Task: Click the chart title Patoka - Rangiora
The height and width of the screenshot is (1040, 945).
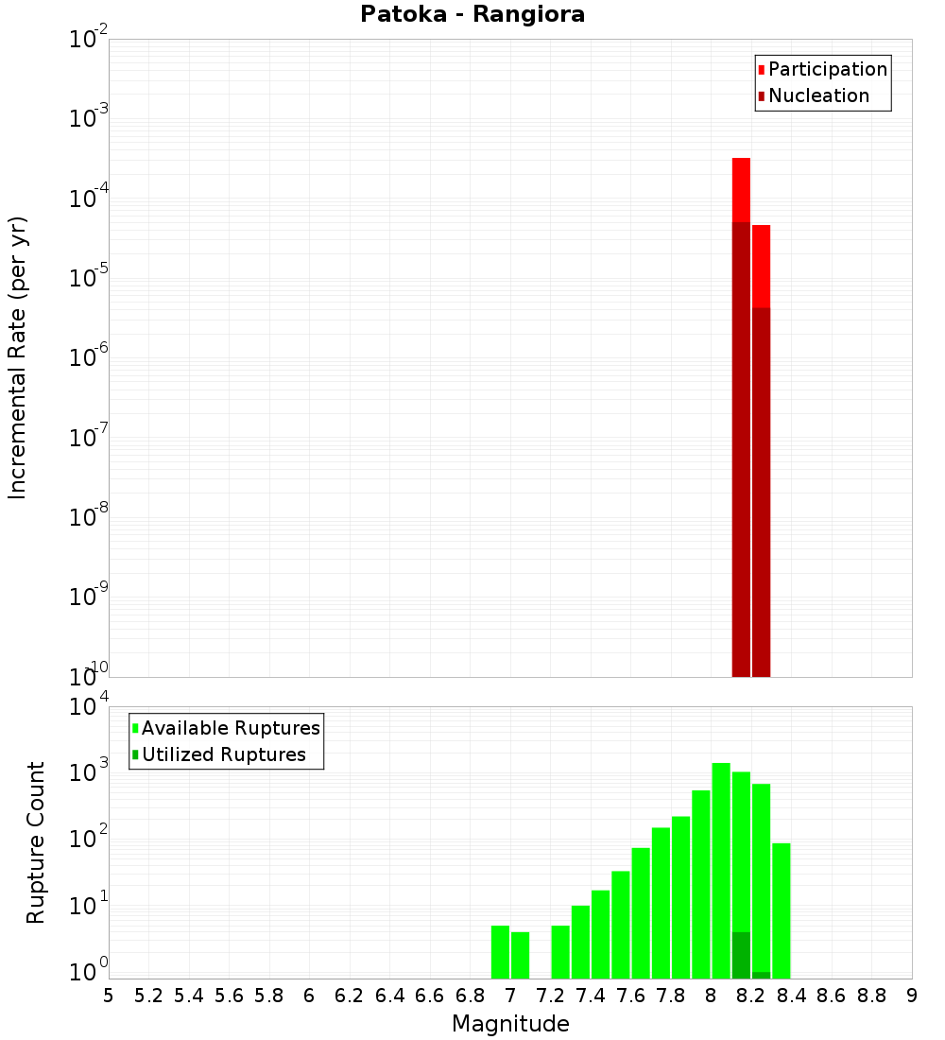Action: (472, 14)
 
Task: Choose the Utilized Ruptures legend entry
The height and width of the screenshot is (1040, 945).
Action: (223, 754)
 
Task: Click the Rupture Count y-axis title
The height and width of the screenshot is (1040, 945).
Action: (36, 841)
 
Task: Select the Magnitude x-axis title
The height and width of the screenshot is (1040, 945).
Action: (510, 1024)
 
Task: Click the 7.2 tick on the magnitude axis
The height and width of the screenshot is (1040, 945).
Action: (550, 996)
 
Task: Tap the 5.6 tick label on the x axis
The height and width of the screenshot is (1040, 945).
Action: (229, 996)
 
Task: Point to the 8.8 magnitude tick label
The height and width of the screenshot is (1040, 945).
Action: (871, 996)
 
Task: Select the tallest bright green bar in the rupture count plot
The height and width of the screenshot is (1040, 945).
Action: (721, 870)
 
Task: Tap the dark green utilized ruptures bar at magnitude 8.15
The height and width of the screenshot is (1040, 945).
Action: (741, 955)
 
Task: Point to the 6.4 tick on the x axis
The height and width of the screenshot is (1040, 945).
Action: (389, 996)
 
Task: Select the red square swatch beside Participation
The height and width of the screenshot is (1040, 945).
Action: (761, 70)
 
